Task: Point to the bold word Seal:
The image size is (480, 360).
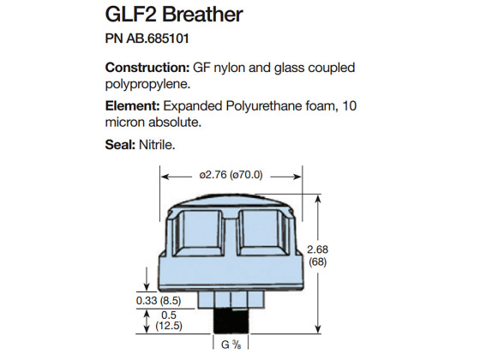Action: click(119, 146)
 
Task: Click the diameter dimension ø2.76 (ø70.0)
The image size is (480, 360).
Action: click(231, 174)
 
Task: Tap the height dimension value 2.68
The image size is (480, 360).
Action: click(340, 249)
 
